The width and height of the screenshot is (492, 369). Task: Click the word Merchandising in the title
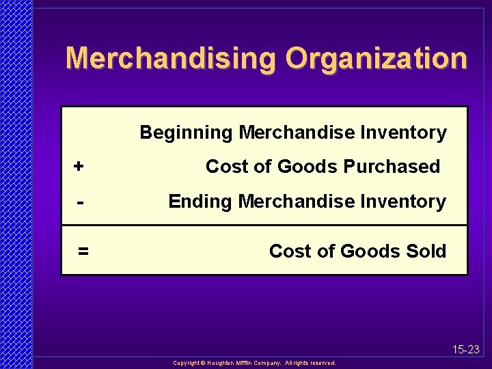(172, 59)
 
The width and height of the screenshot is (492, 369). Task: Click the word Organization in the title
(377, 59)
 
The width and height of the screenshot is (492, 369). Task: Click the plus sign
(79, 166)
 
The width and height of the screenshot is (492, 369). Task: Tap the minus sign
(81, 202)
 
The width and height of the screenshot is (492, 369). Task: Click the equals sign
(83, 251)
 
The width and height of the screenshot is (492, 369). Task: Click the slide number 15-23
(466, 350)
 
